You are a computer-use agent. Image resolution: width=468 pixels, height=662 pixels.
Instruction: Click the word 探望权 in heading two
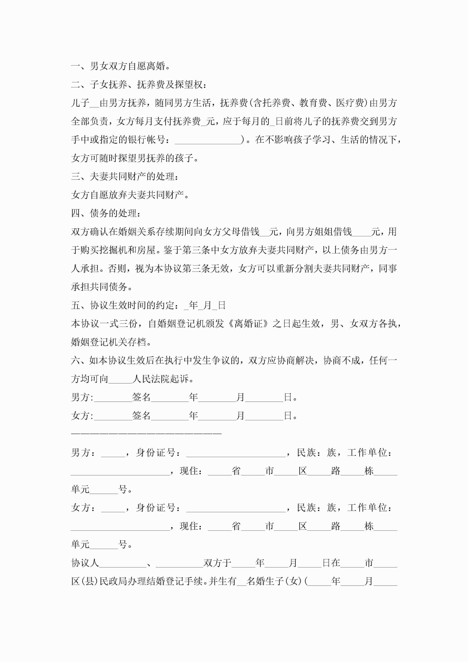pyautogui.click(x=193, y=85)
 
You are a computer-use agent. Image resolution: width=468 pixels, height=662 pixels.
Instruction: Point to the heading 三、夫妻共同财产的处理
pyautogui.click(x=124, y=176)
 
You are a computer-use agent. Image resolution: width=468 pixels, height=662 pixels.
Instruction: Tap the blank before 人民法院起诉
pyautogui.click(x=120, y=379)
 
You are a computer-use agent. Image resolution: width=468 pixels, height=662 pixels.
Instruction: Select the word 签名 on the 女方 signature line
pyautogui.click(x=141, y=416)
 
